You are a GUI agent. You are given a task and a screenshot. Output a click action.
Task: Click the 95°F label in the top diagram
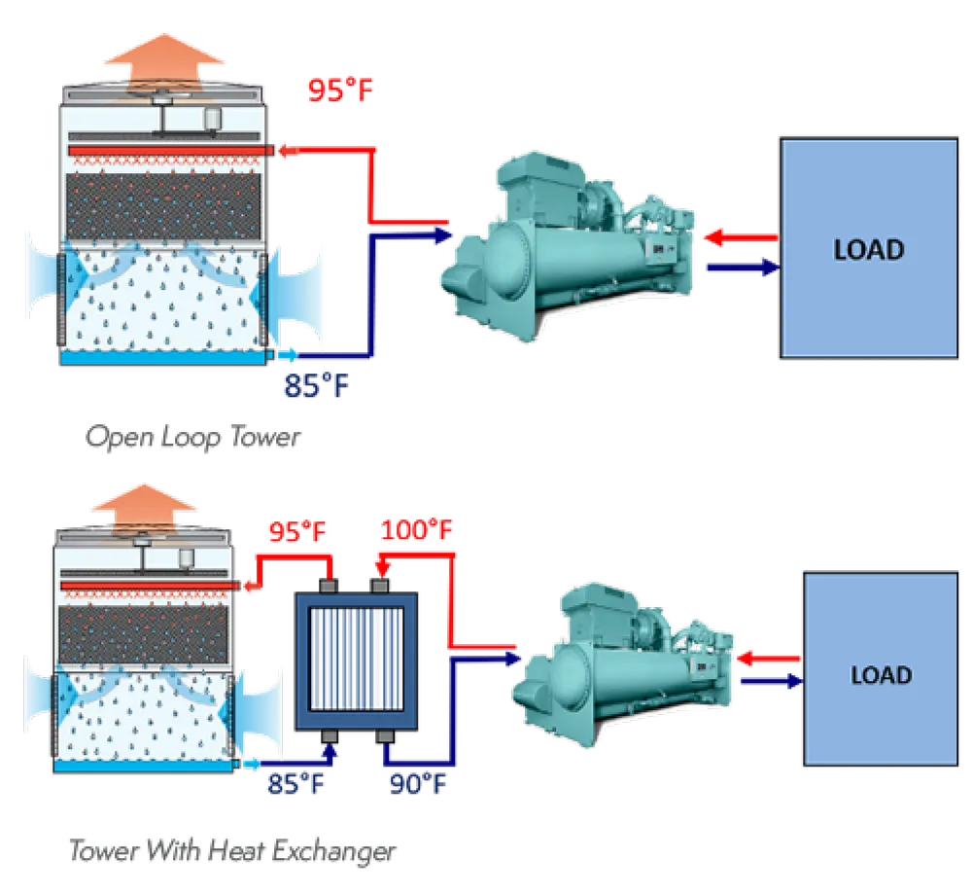click(340, 90)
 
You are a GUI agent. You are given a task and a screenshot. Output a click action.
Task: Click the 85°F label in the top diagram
click(316, 386)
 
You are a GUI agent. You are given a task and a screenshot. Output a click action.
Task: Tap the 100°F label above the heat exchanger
click(418, 531)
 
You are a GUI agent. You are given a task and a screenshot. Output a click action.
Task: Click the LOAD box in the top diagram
click(868, 249)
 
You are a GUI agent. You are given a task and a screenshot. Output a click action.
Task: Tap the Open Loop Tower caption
click(192, 437)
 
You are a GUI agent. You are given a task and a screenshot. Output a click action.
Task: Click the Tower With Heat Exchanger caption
click(232, 851)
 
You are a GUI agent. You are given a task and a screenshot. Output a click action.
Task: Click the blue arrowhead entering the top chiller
click(442, 233)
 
